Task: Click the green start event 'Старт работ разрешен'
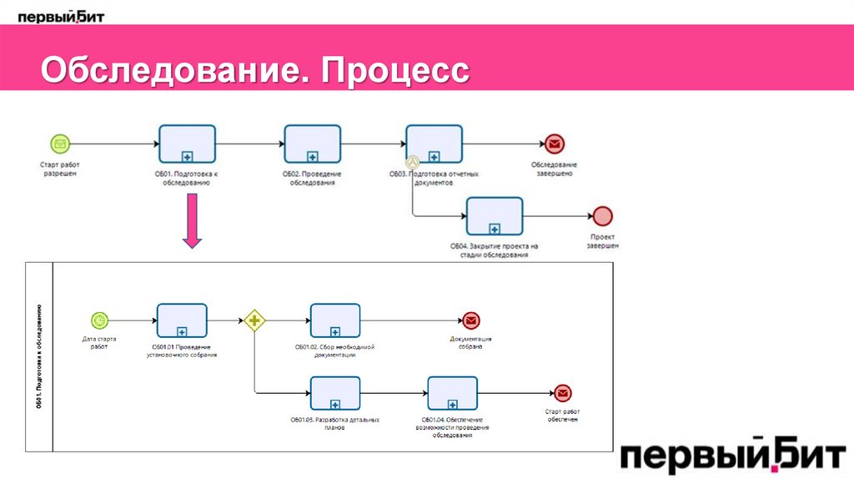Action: pos(60,144)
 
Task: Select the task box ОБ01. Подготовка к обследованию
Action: pos(187,144)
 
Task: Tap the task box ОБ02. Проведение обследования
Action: pos(312,144)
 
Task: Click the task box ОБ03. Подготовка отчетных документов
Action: pos(435,144)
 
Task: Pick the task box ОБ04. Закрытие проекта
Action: pos(495,217)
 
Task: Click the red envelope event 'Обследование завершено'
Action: pos(553,144)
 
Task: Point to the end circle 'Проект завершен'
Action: pos(602,216)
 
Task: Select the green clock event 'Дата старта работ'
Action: pos(100,320)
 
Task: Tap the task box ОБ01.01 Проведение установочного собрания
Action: pos(182,320)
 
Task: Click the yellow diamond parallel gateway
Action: pos(254,320)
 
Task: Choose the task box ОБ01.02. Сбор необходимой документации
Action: pos(335,320)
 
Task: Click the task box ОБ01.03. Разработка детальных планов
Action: pos(335,392)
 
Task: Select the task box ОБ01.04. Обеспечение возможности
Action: pos(453,392)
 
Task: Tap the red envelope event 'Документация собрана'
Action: pos(470,320)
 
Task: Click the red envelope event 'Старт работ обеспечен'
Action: pos(562,392)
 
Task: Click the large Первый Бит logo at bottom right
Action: pos(732,457)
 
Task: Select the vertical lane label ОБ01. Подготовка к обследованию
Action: pos(39,357)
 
